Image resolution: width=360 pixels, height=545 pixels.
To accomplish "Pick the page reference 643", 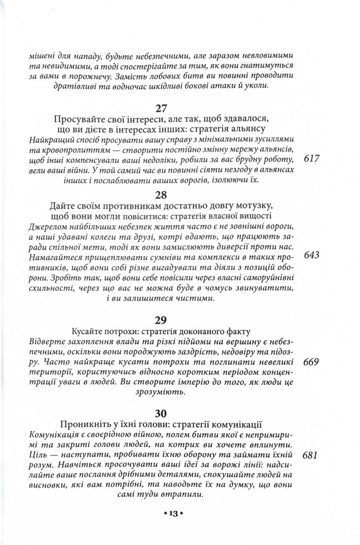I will click(x=312, y=255).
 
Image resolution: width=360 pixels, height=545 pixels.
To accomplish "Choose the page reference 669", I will click(x=312, y=362).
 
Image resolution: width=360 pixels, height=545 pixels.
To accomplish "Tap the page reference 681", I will click(x=312, y=455).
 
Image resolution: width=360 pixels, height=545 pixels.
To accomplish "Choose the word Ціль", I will click(x=40, y=455).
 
